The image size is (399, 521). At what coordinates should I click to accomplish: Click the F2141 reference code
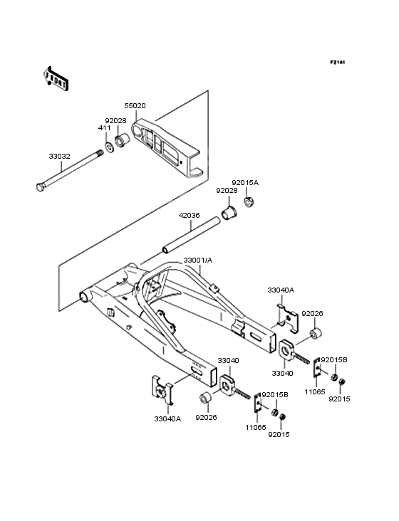point(337,63)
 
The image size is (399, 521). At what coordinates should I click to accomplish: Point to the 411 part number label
point(103,128)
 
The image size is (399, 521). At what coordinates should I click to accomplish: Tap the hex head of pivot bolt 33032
point(39,187)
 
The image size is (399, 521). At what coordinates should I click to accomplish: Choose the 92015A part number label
point(245,182)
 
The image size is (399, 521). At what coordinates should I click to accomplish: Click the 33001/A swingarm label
point(197,261)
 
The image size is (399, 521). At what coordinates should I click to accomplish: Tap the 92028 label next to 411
point(116,121)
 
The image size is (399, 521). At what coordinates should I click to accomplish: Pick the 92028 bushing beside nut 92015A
point(232,212)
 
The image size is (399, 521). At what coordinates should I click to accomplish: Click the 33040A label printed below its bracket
point(168,419)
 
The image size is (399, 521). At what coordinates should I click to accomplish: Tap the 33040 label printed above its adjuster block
point(227,362)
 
